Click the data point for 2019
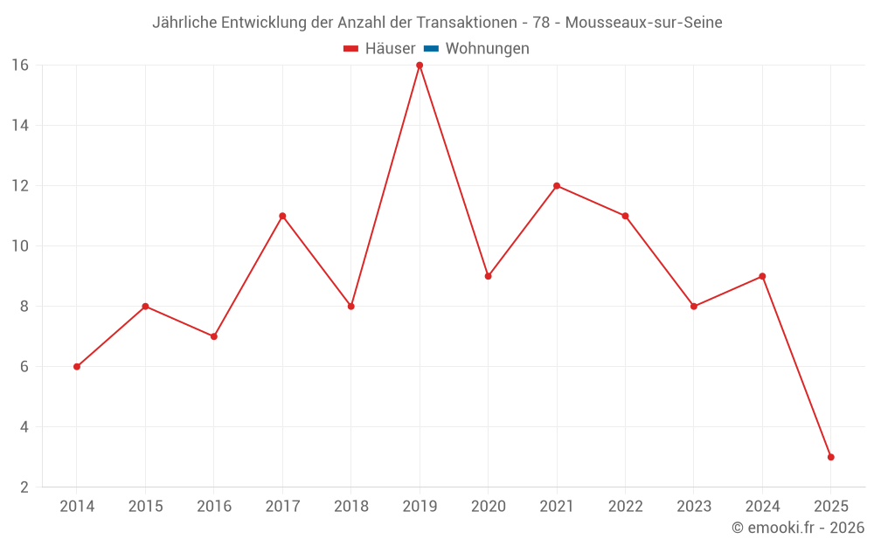[x=420, y=66]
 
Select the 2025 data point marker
[x=830, y=457]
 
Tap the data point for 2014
[x=77, y=367]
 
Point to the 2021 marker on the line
[x=557, y=186]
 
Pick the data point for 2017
[x=282, y=216]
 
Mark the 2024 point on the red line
[x=762, y=276]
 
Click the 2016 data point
[x=214, y=336]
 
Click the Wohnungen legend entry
[x=487, y=49]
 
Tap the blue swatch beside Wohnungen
[x=431, y=49]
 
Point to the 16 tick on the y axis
[x=20, y=66]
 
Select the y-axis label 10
[x=20, y=246]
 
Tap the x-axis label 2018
[x=351, y=507]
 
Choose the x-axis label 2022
[x=625, y=507]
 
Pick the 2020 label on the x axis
[x=488, y=507]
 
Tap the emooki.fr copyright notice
[x=798, y=528]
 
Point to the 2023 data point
[x=694, y=307]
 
